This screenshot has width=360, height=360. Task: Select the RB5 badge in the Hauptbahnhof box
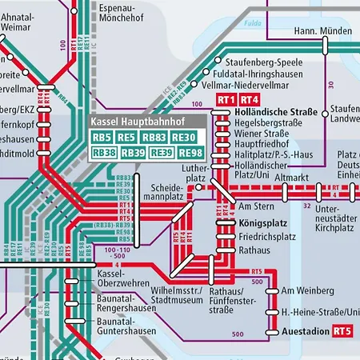(x=103, y=137)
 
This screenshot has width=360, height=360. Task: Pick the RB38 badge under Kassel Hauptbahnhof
(x=103, y=152)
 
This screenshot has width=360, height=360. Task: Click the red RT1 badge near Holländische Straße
(x=225, y=99)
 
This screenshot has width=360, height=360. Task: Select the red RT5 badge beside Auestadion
(x=342, y=330)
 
